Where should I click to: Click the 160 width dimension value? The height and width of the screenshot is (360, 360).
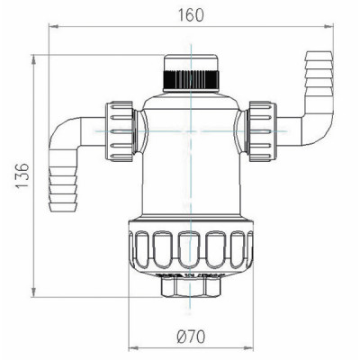tap(190, 15)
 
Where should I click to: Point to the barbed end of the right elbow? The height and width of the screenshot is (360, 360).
tap(318, 71)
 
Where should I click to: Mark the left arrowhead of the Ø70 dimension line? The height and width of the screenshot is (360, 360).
tap(132, 347)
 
